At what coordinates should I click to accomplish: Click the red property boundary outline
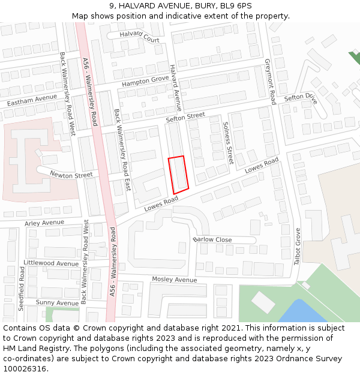pos(179,175)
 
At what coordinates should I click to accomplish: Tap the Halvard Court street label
pos(140,37)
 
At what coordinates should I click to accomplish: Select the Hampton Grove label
pos(146,81)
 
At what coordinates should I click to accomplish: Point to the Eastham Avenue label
pos(32,100)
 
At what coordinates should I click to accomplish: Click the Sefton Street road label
pos(185,118)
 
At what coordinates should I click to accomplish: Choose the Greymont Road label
pos(270,82)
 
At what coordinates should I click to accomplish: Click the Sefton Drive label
pos(300,97)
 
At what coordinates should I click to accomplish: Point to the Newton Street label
pos(71,175)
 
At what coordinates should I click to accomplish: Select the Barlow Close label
pos(213,239)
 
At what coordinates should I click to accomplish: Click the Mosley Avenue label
pos(174,280)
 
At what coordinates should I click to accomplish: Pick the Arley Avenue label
pos(44,223)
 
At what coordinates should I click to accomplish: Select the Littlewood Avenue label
pos(50,263)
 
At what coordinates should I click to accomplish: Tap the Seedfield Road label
pos(21,288)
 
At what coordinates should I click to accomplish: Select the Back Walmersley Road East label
pos(122,150)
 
